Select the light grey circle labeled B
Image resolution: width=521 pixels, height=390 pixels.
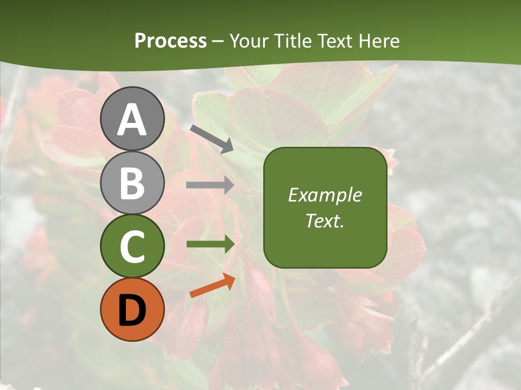[132, 183]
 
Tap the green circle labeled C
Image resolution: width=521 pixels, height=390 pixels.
[132, 246]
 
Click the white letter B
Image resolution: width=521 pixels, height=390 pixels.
[132, 183]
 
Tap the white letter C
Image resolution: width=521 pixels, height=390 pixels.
[132, 246]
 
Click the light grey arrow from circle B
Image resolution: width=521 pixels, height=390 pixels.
[210, 185]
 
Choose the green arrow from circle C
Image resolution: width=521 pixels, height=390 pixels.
[211, 244]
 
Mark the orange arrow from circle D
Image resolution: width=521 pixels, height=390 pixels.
[212, 285]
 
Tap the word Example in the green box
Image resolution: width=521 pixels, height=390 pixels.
[325, 195]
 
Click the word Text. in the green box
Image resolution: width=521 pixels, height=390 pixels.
[325, 221]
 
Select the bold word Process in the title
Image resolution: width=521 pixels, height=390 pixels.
[170, 41]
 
